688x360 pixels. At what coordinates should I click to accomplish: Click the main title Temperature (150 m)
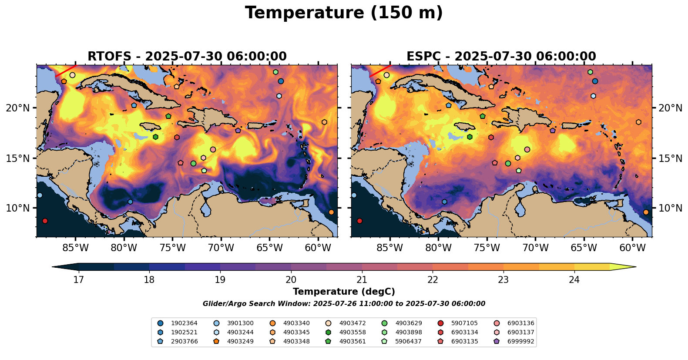(344, 13)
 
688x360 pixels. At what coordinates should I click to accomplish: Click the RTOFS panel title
(187, 57)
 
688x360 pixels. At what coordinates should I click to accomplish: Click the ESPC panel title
(501, 57)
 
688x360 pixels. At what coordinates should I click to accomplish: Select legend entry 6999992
(520, 342)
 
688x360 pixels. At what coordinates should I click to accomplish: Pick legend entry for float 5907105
(464, 323)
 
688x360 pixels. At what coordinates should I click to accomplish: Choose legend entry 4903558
(352, 333)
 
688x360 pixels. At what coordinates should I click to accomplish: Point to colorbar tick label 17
(78, 279)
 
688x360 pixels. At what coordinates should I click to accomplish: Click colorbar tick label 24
(574, 279)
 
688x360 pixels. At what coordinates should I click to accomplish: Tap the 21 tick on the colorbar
(362, 279)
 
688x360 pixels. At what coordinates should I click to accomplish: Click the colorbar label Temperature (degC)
(344, 292)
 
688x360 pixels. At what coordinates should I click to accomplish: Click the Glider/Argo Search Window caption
(344, 304)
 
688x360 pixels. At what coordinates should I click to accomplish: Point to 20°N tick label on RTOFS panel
(18, 108)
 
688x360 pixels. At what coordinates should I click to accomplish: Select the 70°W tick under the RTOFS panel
(221, 248)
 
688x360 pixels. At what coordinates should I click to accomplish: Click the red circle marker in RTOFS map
(45, 221)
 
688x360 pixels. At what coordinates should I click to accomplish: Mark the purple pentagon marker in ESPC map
(553, 131)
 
